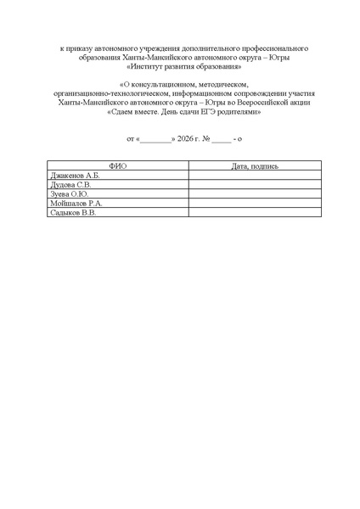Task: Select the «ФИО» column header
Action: (x=118, y=166)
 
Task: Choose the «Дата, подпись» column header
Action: (x=255, y=166)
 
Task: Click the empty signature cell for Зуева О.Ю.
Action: (x=255, y=194)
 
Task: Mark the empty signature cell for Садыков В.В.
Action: (x=255, y=213)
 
